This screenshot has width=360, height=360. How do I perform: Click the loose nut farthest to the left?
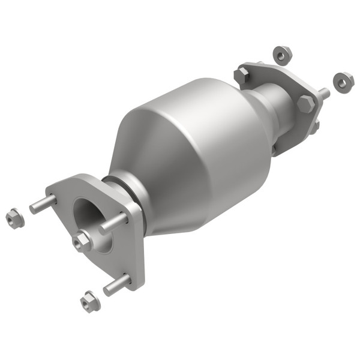[x=14, y=218]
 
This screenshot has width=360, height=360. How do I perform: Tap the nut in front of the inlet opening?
[x=82, y=241]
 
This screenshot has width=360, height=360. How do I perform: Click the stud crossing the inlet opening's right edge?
[x=113, y=223]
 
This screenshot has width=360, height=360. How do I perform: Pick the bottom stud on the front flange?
[x=116, y=284]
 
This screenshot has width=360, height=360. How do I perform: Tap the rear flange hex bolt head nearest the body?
[x=242, y=76]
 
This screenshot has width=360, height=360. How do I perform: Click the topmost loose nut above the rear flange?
[x=281, y=55]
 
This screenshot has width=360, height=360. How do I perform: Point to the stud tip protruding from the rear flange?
[x=324, y=94]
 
